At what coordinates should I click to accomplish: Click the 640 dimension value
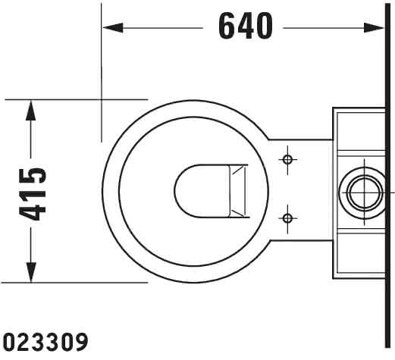point(246,27)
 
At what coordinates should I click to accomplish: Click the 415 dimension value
point(33,194)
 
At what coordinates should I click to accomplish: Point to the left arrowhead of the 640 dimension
point(113,28)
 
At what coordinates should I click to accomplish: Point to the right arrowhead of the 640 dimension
point(374,28)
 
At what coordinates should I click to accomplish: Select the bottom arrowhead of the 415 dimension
point(30,272)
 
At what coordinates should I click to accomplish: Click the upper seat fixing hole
point(287,160)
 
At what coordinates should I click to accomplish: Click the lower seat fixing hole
point(287,218)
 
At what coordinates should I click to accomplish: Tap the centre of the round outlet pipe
point(364,193)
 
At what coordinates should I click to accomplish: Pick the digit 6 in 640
point(227,27)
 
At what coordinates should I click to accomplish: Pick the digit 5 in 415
point(33,177)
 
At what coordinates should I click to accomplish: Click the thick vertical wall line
point(387,176)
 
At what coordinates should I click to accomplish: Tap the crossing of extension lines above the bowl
point(102,99)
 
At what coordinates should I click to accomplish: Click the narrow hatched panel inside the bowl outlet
point(237,191)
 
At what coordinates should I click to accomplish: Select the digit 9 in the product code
point(81,341)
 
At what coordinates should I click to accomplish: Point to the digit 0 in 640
point(264,27)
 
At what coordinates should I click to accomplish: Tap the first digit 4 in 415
point(33,211)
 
